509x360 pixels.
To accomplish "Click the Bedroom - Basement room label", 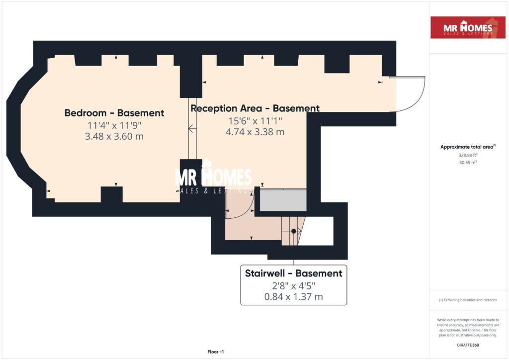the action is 114,113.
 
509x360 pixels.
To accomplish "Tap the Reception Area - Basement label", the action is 255,108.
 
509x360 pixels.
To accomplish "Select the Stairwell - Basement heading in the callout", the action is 293,273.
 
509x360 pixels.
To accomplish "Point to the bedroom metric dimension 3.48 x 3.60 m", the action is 114,136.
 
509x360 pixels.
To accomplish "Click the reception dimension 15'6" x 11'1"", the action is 255,121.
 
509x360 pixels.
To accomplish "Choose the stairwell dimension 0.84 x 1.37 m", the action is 293,297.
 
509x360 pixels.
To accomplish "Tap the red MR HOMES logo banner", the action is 468,27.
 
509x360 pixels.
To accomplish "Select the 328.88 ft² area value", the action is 468,155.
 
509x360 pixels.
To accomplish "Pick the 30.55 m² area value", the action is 468,162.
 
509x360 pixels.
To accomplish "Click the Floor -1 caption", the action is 216,352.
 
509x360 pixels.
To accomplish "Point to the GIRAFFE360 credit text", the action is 468,345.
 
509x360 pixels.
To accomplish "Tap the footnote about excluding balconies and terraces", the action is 468,300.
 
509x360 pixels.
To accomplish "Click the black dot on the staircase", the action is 293,231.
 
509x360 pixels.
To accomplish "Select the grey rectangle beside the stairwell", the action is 283,200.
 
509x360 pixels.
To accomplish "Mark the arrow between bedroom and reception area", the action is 192,129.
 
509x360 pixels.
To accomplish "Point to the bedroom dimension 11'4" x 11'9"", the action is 114,125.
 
